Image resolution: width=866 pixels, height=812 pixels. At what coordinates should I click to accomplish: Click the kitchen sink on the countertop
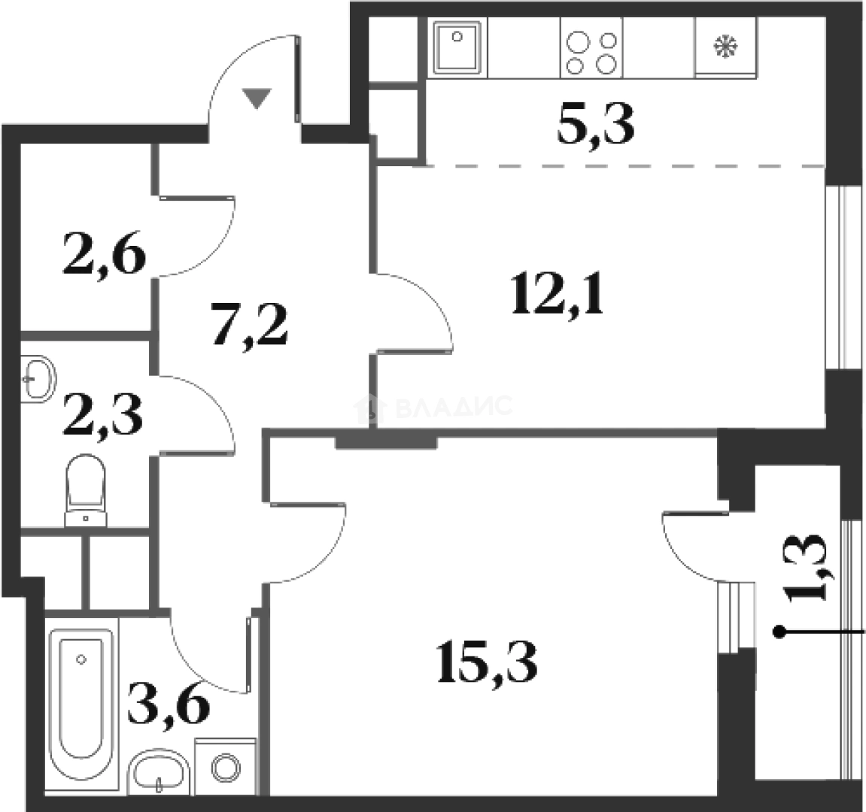coord(458,47)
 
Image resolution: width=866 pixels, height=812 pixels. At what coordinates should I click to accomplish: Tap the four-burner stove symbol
coord(591,47)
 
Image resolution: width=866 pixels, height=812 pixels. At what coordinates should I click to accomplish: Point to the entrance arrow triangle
coord(257,98)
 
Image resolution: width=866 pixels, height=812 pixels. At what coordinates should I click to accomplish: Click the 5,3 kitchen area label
coord(595,126)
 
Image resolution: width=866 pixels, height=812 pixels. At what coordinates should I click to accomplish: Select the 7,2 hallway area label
coord(250,326)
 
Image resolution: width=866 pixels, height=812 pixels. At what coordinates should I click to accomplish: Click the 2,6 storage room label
coord(105,254)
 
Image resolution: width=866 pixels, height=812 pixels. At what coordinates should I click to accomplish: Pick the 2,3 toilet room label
coord(103,415)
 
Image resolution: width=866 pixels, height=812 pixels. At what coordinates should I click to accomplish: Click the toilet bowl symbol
coord(86,489)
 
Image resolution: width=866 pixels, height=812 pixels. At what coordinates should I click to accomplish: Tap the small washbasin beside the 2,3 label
coord(38,378)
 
